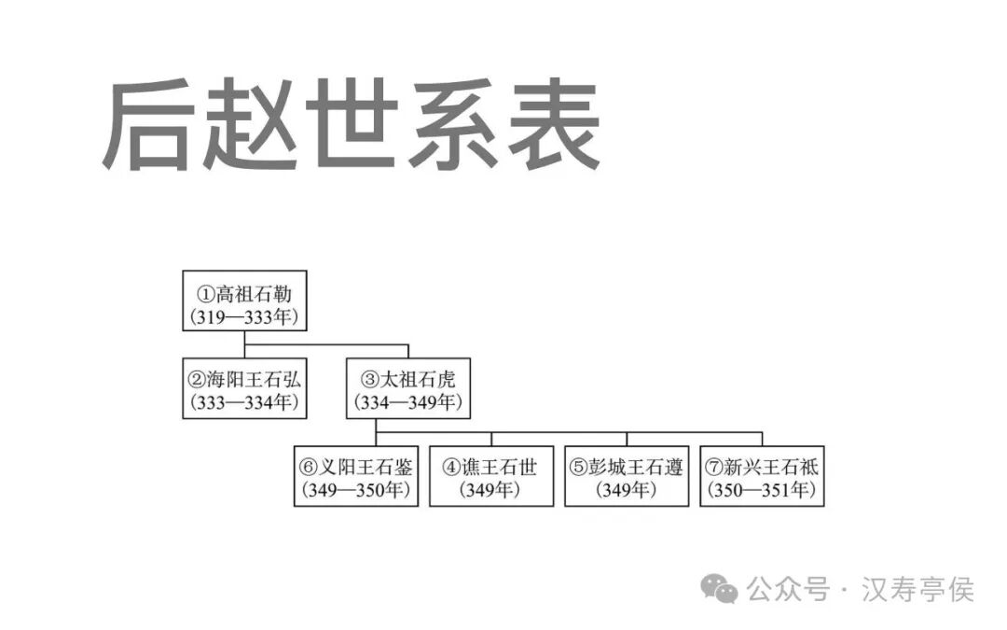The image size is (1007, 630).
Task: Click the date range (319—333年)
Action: point(244,316)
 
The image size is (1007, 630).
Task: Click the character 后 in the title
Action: point(149,126)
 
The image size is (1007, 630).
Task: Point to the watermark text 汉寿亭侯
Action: point(919,589)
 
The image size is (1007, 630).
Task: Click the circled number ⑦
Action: point(714,467)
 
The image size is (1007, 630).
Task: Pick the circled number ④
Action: point(451,467)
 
